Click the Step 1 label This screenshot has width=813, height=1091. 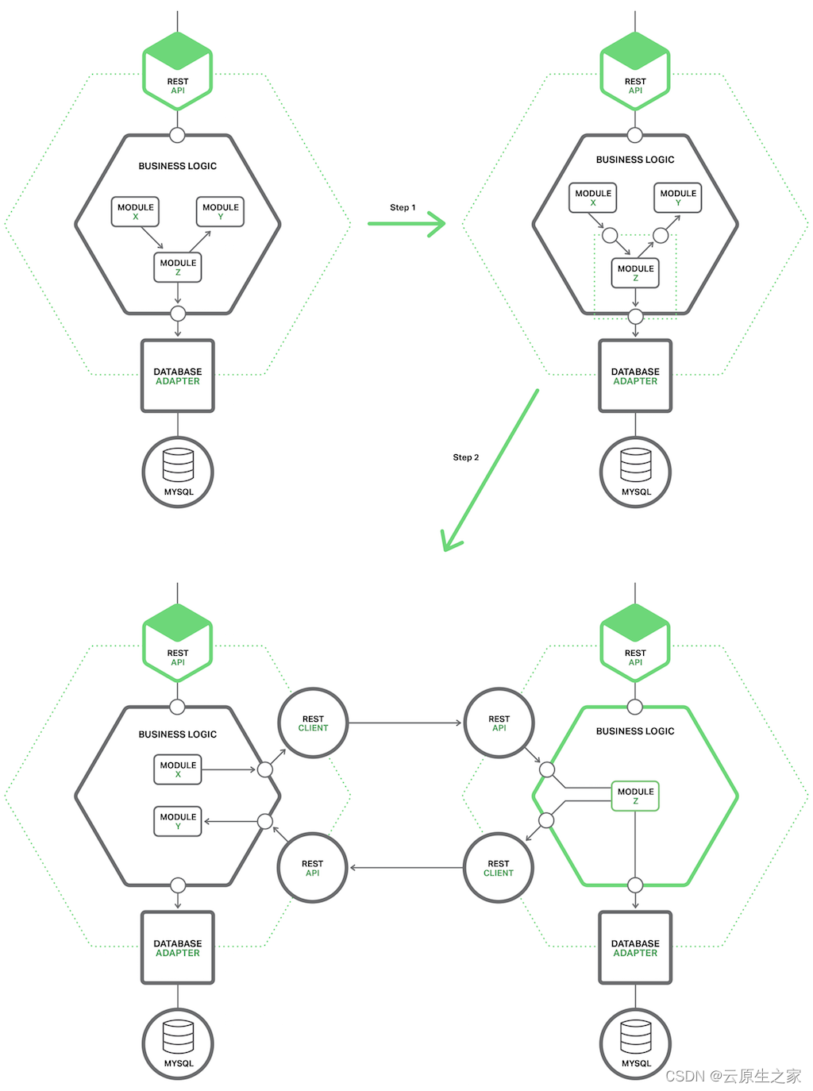[403, 207]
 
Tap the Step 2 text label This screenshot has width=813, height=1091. [466, 457]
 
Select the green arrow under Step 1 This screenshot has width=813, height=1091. [406, 224]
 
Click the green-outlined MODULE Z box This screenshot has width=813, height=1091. [635, 796]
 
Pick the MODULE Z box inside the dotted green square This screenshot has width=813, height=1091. [635, 273]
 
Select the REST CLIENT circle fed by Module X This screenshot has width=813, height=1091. [313, 723]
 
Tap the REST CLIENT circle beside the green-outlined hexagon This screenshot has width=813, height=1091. [499, 868]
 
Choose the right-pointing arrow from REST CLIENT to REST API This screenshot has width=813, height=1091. [405, 723]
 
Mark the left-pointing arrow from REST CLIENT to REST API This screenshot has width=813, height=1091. [406, 868]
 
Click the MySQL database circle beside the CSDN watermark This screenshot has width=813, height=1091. [635, 1043]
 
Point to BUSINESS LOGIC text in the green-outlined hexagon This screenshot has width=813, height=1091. [635, 731]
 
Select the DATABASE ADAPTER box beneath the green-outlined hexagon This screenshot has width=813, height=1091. [635, 948]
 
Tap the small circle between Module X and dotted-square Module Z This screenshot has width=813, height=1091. [610, 236]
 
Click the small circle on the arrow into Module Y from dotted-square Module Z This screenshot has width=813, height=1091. [661, 235]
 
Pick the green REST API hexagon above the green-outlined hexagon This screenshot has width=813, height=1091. [635, 642]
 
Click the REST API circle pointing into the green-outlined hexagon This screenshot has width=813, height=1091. [499, 723]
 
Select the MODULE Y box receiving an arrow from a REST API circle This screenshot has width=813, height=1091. [178, 822]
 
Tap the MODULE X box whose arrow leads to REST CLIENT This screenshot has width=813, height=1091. [178, 769]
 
